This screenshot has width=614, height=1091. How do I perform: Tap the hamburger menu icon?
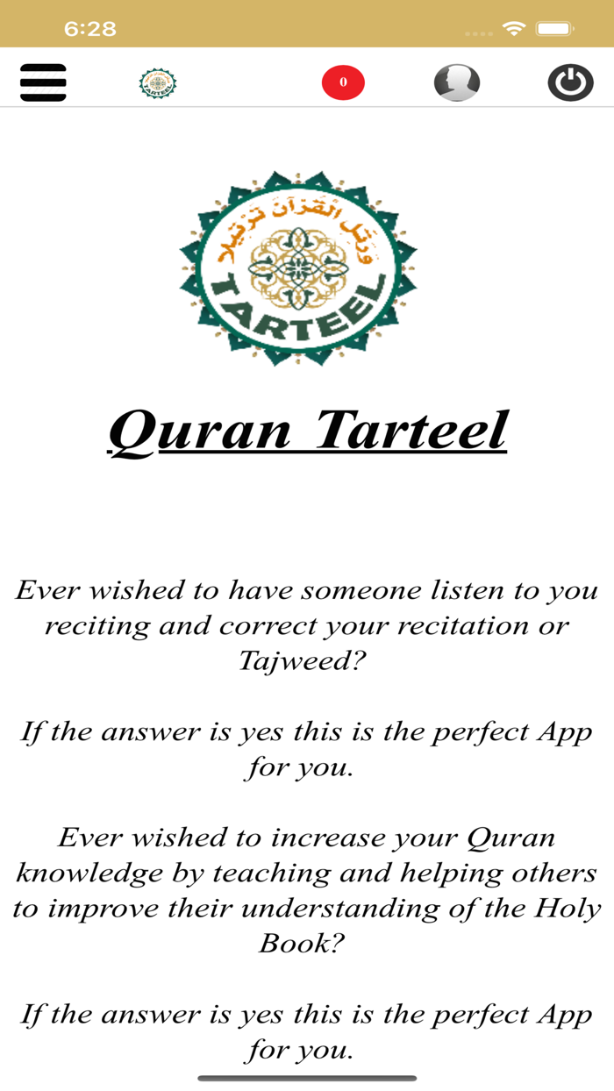tap(43, 82)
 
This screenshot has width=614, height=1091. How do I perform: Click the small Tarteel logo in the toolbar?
tap(158, 83)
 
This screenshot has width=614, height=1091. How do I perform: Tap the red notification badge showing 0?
tap(343, 82)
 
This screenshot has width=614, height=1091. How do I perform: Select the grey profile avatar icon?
tap(457, 82)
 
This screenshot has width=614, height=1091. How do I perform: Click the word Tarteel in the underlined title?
tap(411, 430)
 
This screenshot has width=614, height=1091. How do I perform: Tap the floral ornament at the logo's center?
tap(298, 267)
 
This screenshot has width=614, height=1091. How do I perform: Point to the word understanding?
tap(358, 909)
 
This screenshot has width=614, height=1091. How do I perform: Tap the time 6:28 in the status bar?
tap(89, 29)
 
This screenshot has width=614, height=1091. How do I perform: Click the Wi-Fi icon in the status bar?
tap(514, 29)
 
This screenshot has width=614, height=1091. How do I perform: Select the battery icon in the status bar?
tap(555, 29)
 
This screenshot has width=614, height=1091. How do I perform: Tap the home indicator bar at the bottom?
tap(307, 1079)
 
